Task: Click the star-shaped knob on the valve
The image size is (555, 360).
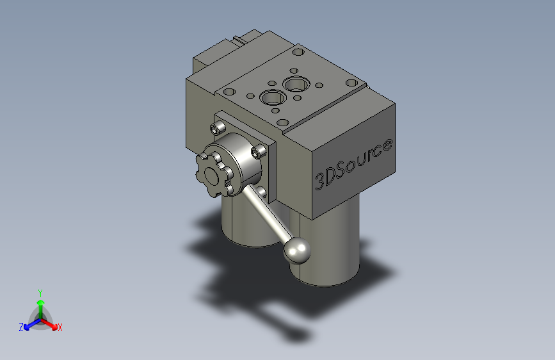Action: tap(211, 170)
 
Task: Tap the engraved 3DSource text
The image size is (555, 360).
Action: tap(353, 164)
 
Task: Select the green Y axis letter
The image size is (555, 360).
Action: tap(40, 291)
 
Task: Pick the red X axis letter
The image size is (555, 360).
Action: tap(60, 328)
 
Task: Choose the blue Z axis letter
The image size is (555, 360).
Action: tap(21, 327)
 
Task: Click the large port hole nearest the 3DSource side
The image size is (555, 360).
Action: tap(297, 83)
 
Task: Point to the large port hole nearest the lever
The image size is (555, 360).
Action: tap(273, 98)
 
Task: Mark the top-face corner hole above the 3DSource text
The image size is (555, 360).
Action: tap(351, 82)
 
